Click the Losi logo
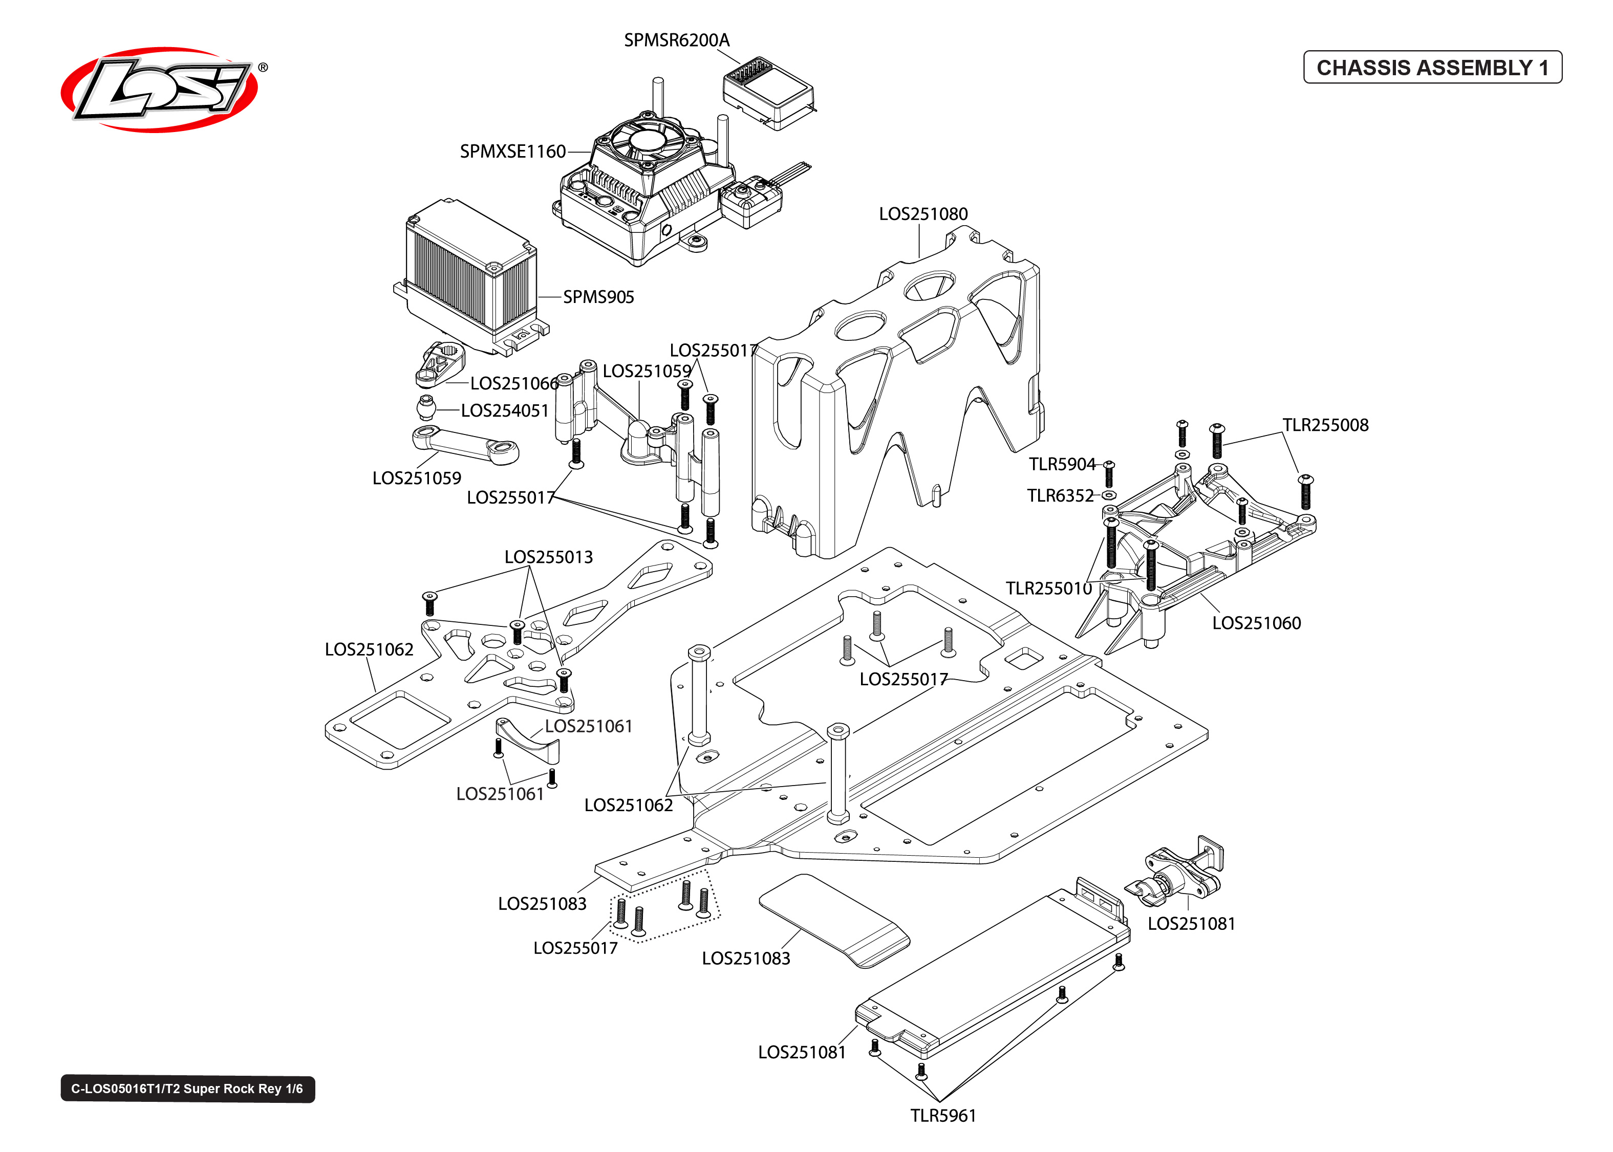tap(160, 90)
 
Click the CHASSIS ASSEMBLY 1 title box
tap(1432, 68)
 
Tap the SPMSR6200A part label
tap(676, 40)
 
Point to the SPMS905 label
tap(598, 297)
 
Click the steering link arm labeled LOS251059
tap(465, 445)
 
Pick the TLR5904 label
tap(1062, 465)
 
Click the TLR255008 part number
tap(1325, 425)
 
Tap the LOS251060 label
tap(1256, 623)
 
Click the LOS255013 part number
tap(548, 557)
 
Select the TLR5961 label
tap(943, 1116)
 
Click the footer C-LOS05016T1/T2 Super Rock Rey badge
tap(187, 1089)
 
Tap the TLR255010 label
tap(1048, 589)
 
